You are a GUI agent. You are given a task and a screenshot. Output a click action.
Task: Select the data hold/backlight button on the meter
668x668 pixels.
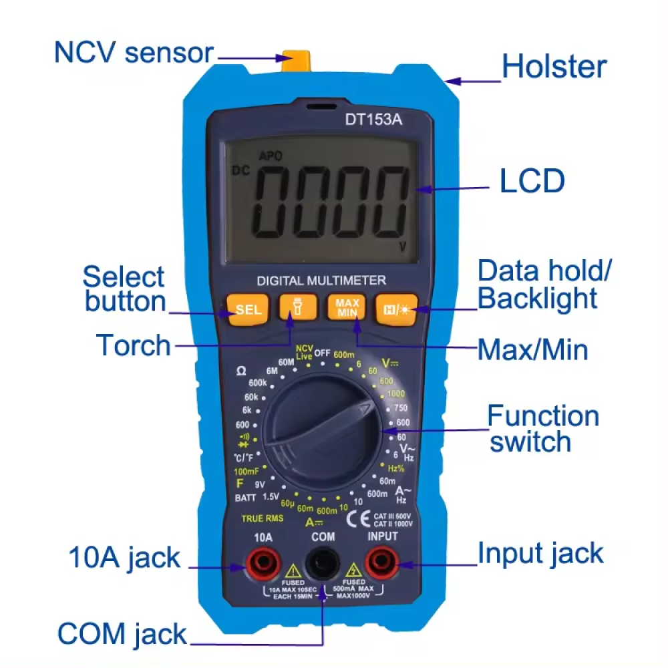pyautogui.click(x=396, y=309)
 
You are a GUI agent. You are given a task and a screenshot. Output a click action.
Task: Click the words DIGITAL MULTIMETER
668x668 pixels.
pyautogui.click(x=321, y=281)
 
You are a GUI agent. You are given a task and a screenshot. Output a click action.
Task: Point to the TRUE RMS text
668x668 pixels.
pyautogui.click(x=263, y=518)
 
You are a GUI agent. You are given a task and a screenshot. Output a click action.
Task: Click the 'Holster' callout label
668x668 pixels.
pyautogui.click(x=554, y=67)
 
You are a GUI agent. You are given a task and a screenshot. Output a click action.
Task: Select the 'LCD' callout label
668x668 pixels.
pyautogui.click(x=532, y=181)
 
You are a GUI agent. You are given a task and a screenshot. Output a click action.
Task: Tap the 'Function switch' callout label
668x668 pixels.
pyautogui.click(x=542, y=429)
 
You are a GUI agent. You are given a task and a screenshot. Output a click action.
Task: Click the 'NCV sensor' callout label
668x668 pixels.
pyautogui.click(x=134, y=53)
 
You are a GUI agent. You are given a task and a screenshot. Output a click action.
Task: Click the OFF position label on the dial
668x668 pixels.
pyautogui.click(x=323, y=353)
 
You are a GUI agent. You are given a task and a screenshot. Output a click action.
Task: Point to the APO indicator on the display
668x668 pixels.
pyautogui.click(x=271, y=156)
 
